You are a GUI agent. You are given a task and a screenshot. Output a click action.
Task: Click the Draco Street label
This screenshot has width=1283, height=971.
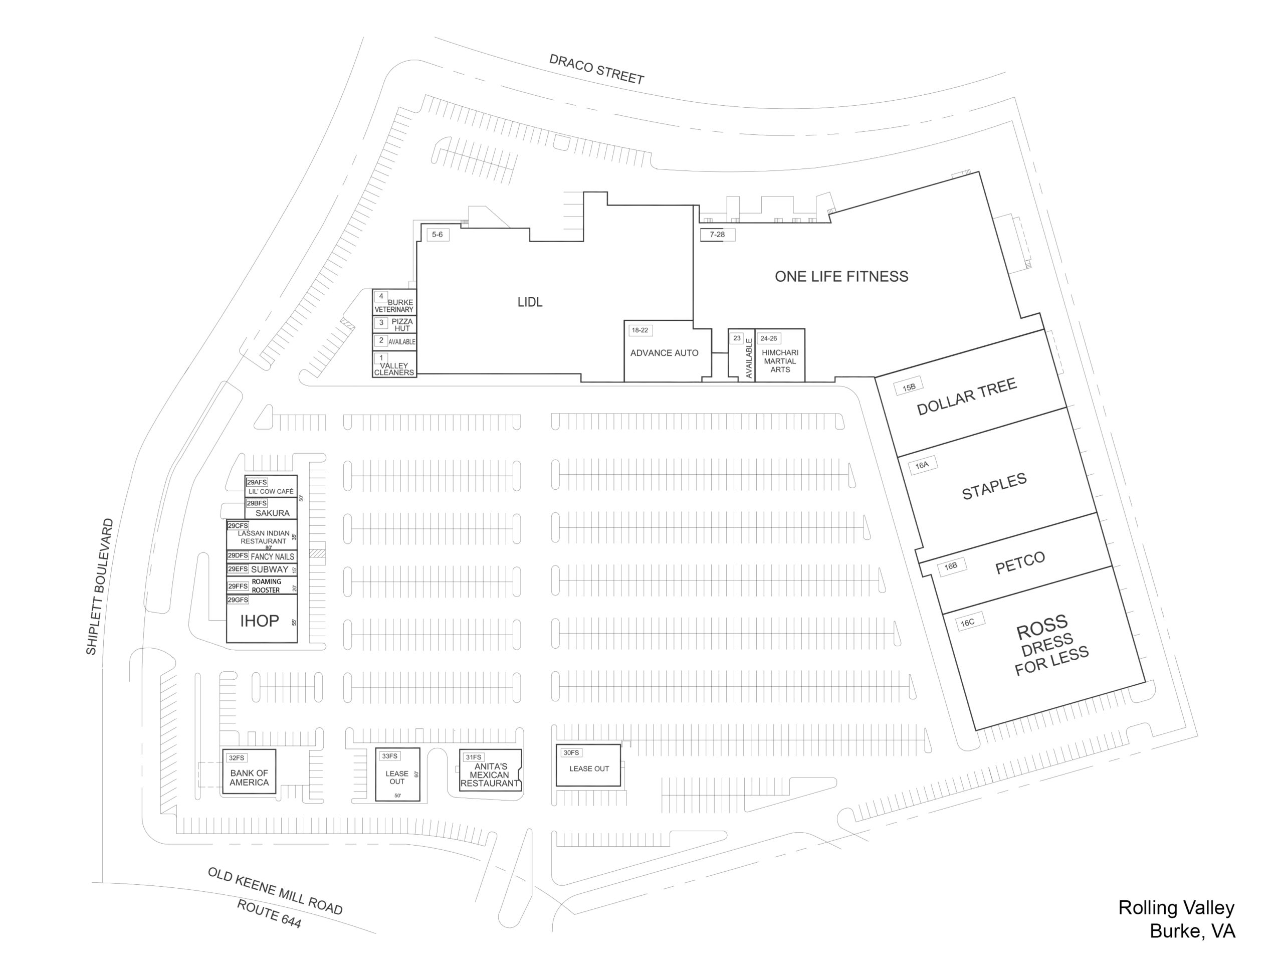pos(596,69)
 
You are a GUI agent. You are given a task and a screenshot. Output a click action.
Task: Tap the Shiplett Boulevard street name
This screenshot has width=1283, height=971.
pos(100,587)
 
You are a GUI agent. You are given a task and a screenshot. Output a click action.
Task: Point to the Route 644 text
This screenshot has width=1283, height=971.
pos(269,913)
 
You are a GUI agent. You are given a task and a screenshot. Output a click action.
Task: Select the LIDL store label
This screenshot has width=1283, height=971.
pos(530,302)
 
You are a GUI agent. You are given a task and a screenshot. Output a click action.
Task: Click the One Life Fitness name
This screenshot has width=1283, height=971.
pos(841,277)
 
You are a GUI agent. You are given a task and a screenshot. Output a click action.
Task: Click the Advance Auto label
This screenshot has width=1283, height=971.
pos(664,353)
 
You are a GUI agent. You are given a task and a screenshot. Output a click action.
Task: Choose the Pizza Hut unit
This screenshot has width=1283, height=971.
pos(394,324)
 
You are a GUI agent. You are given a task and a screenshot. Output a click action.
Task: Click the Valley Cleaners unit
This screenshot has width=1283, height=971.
pos(394,364)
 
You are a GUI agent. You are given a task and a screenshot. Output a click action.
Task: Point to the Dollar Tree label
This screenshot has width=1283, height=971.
pos(966,397)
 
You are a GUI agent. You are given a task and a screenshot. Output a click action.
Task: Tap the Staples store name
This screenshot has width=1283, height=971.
pos(994,486)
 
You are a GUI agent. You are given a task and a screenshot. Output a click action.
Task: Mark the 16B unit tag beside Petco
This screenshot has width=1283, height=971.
pos(951,566)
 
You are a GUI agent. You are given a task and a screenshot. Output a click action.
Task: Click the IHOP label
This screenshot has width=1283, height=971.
pos(259,621)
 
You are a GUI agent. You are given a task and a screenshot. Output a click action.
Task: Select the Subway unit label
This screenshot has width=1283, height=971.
pos(270,569)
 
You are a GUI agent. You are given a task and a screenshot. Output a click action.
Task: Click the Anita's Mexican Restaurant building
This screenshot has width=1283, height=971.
pos(490,770)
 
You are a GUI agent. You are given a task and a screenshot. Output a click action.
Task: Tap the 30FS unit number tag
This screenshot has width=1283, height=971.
pos(571,753)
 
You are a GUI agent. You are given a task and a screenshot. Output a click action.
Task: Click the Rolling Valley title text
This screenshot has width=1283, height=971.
pos(1176,908)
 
